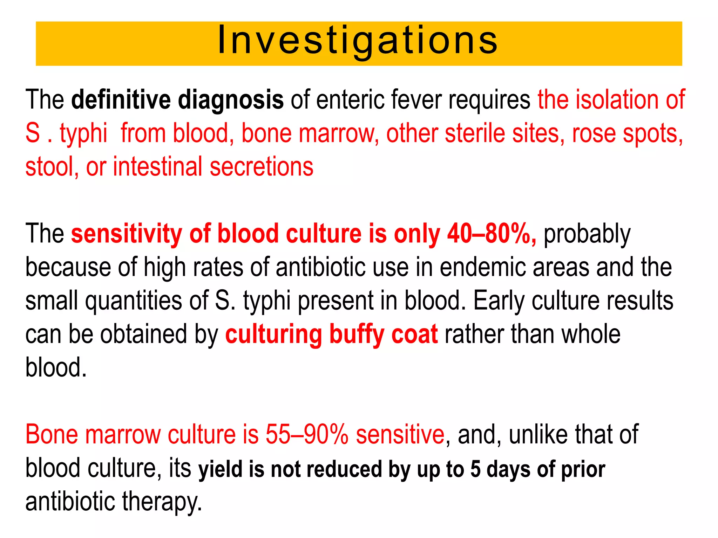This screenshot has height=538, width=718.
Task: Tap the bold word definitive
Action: point(121,100)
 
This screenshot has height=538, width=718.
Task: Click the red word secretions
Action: point(262,167)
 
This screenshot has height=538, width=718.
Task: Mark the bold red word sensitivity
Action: point(127,234)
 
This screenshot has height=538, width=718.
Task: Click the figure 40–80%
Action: point(491,234)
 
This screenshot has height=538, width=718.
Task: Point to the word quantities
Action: point(134,301)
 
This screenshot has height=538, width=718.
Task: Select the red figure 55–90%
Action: point(307,435)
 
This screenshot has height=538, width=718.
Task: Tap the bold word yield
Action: point(221,469)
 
